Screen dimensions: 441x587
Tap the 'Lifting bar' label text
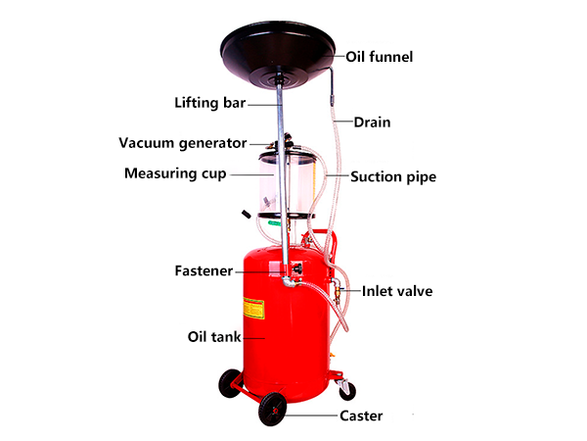pyautogui.click(x=209, y=101)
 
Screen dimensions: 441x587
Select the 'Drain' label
pyautogui.click(x=371, y=122)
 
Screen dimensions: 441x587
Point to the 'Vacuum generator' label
pyautogui.click(x=183, y=143)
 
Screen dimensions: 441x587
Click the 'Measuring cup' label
pyautogui.click(x=175, y=173)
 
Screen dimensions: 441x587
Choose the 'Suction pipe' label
pyautogui.click(x=393, y=177)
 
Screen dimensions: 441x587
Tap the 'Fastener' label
pyautogui.click(x=203, y=269)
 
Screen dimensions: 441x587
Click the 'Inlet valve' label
pyautogui.click(x=397, y=291)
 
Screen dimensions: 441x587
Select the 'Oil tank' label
pyautogui.click(x=213, y=336)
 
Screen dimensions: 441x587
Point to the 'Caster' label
pyautogui.click(x=361, y=416)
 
